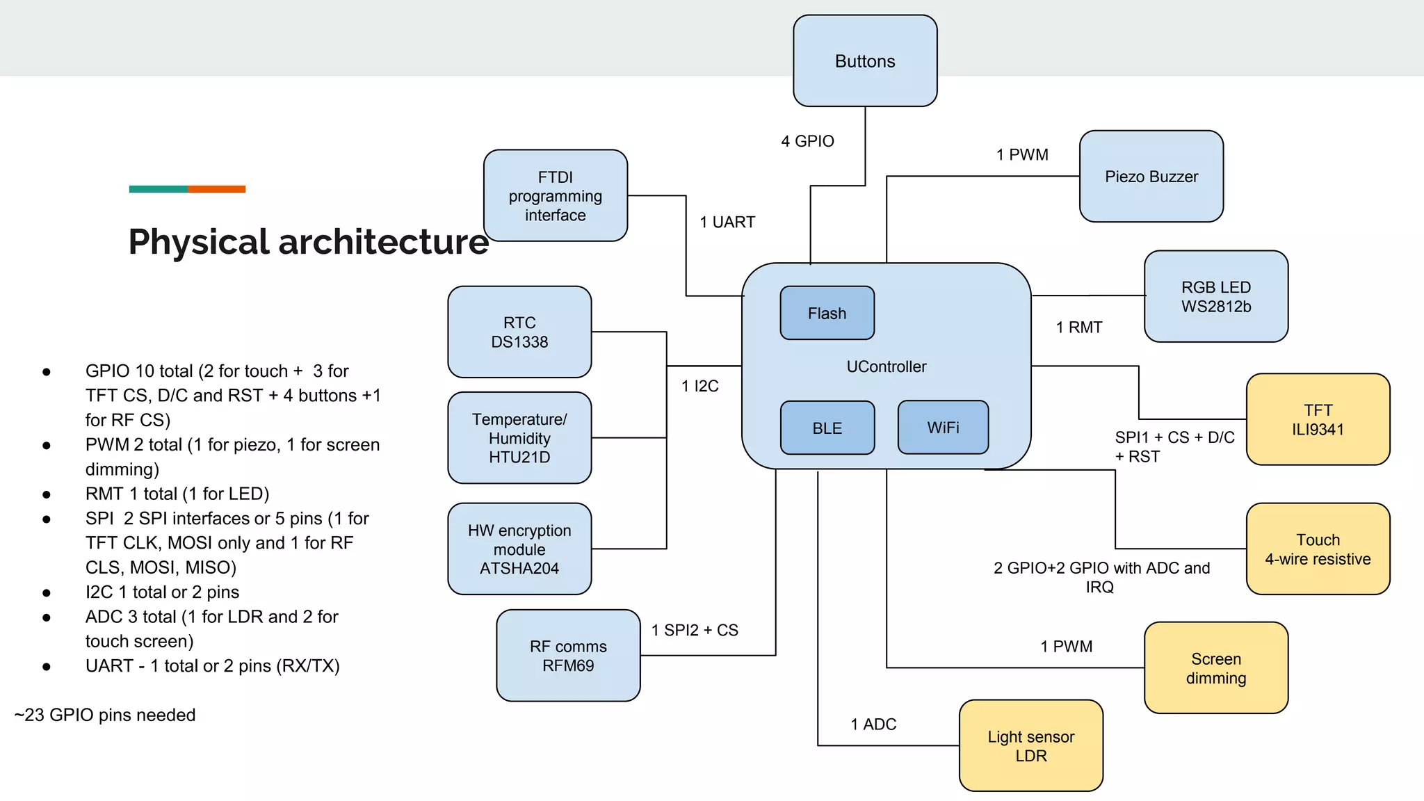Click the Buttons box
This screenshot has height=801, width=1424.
tap(865, 61)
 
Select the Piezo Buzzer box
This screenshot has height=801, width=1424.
tap(1151, 177)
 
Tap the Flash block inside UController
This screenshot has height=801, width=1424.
tap(827, 314)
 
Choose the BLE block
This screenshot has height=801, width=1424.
tap(827, 428)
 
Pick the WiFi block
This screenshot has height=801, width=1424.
tap(943, 428)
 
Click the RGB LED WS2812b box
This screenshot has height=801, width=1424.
tap(1215, 297)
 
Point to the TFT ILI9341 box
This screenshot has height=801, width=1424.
tap(1318, 420)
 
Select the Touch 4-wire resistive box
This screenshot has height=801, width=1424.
tap(1318, 549)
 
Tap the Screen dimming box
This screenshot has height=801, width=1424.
tap(1215, 668)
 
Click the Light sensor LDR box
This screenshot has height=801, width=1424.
tap(1030, 746)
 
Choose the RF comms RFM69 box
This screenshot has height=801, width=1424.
tap(568, 656)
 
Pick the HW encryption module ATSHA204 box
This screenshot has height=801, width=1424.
tap(519, 549)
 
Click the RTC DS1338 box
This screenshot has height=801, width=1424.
tap(519, 332)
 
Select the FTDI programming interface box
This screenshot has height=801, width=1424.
tap(555, 196)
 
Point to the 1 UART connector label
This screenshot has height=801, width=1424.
tap(727, 222)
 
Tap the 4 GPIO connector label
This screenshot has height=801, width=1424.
tap(807, 141)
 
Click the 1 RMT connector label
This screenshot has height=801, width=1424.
tap(1078, 327)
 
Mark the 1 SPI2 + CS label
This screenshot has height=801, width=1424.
tap(694, 631)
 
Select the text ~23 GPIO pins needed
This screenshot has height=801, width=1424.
tap(105, 715)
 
